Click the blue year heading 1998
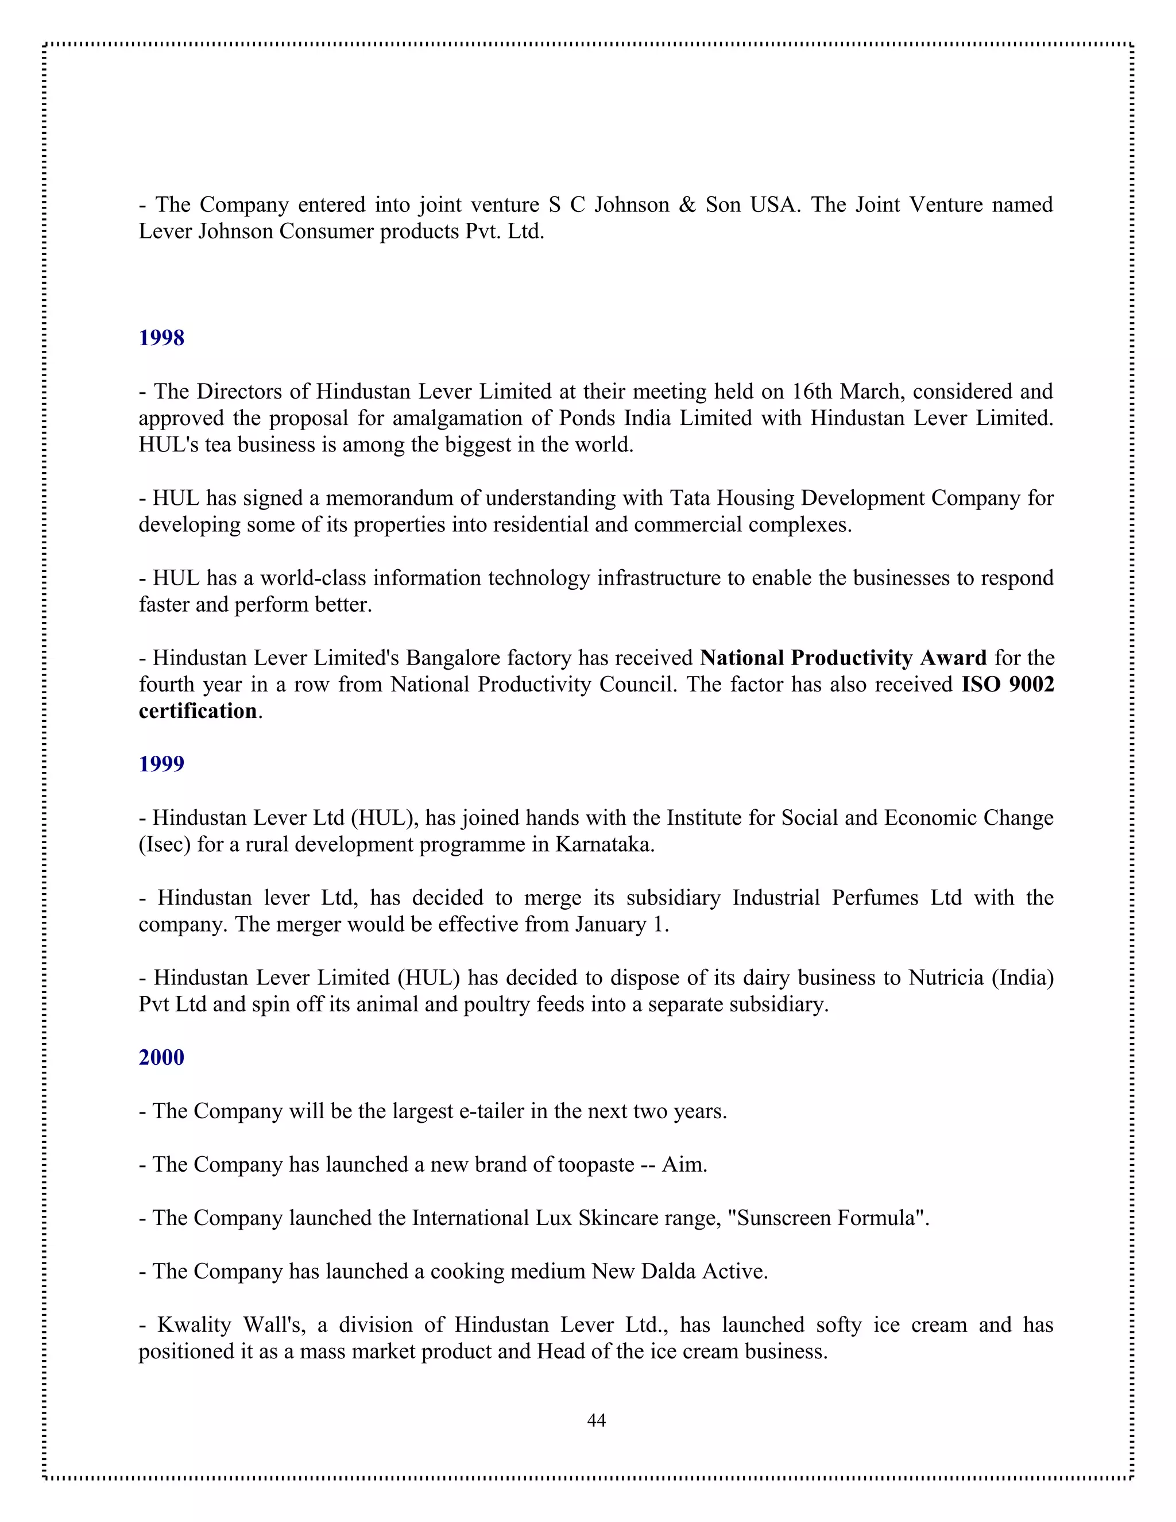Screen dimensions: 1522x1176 click(161, 338)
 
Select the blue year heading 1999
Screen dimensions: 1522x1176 click(161, 764)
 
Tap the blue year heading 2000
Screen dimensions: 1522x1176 click(161, 1057)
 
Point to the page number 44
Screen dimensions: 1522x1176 click(597, 1420)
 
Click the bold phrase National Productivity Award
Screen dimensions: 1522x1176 click(843, 658)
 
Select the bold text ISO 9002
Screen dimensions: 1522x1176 click(1007, 685)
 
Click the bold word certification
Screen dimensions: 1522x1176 click(198, 711)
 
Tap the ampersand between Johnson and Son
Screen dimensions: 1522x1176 click(687, 205)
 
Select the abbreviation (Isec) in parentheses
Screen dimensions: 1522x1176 click(164, 845)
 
